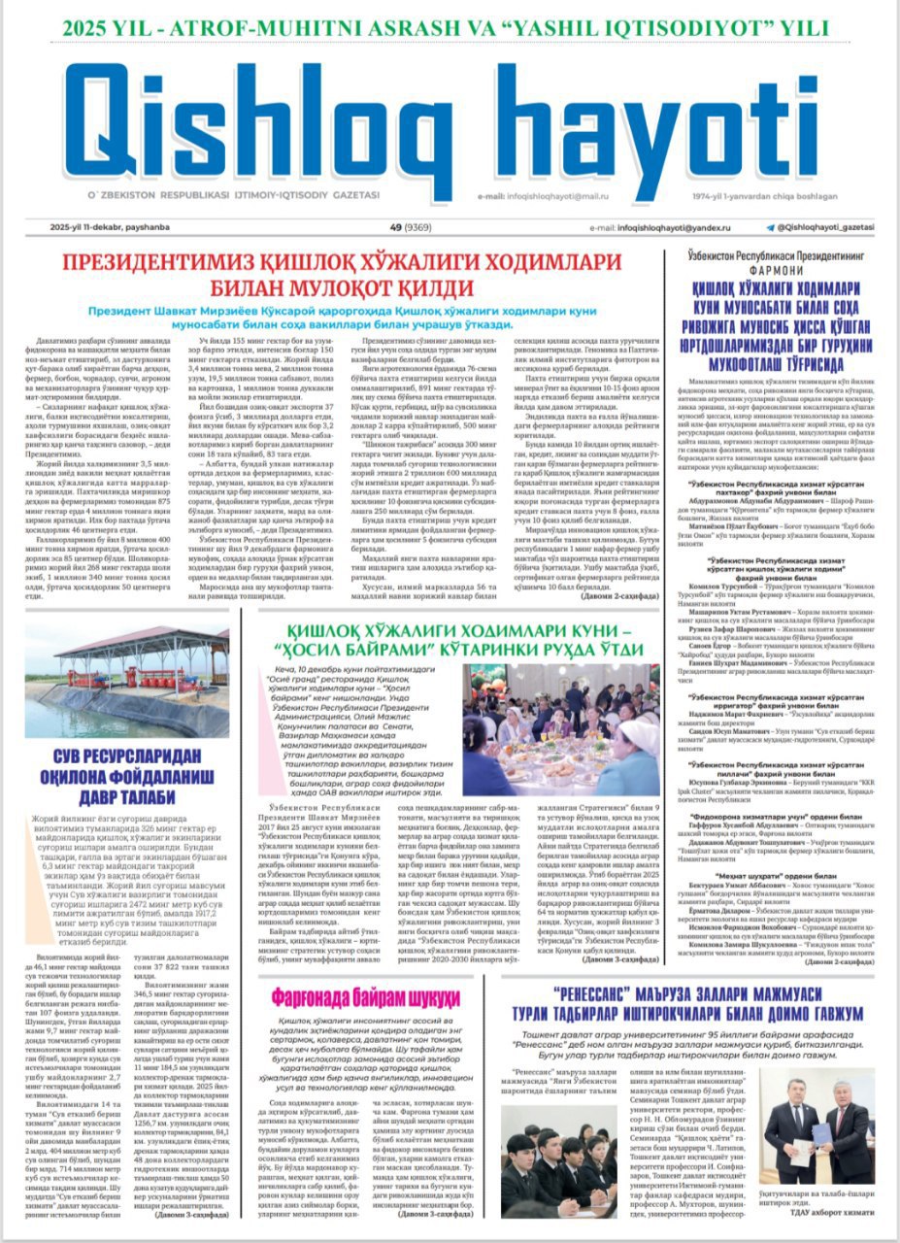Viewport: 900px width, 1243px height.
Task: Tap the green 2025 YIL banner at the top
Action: click(449, 26)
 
